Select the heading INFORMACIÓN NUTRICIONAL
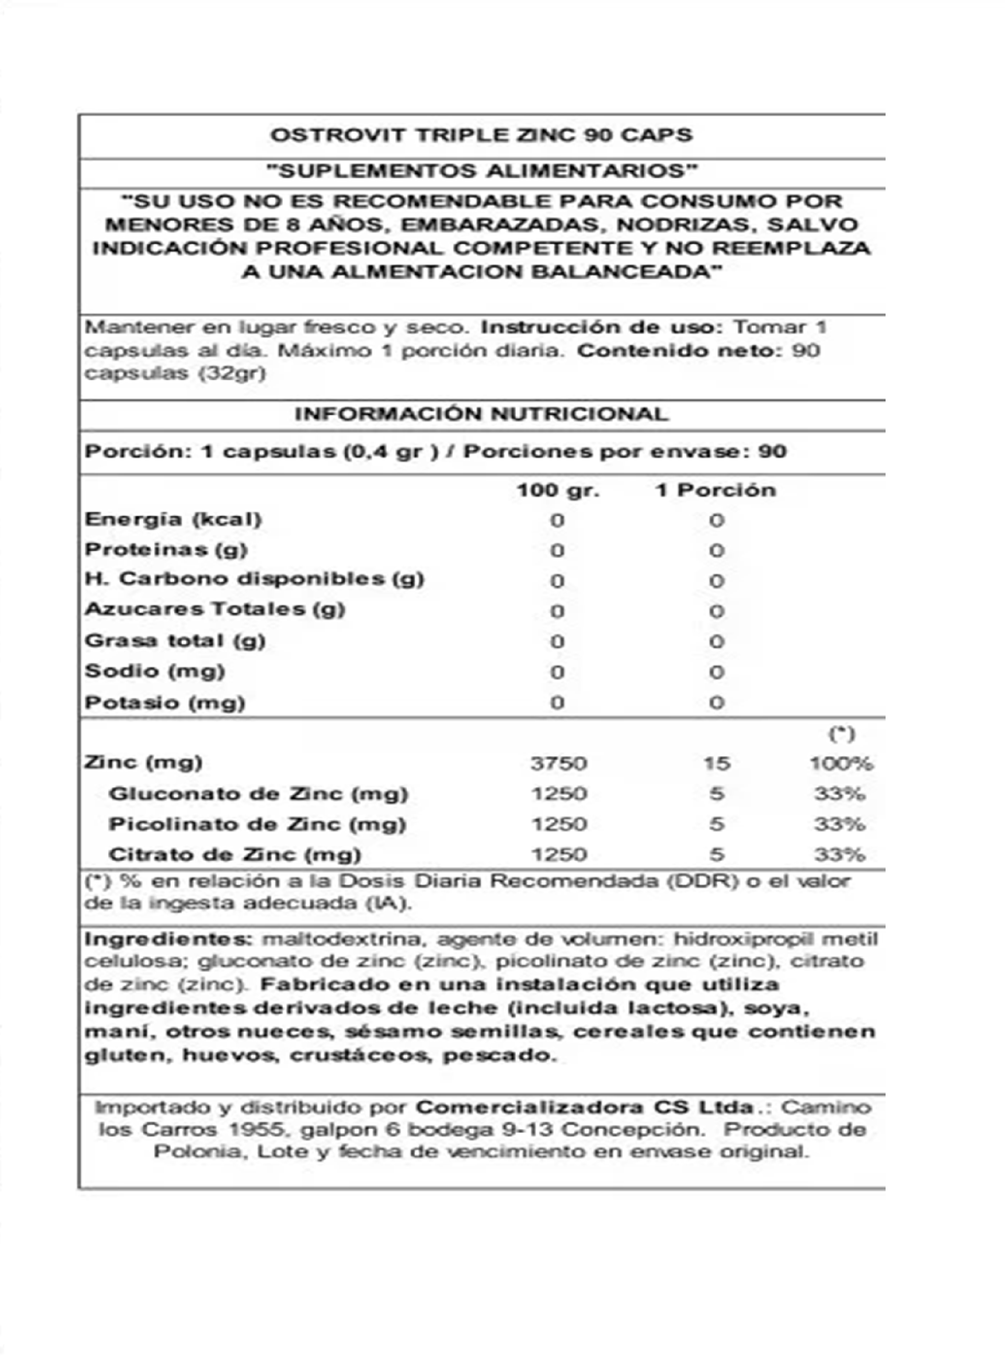click(481, 415)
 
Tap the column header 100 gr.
click(558, 491)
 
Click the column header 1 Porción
click(715, 491)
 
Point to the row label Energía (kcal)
click(174, 520)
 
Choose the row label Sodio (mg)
click(155, 672)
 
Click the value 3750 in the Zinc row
click(558, 763)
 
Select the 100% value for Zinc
click(841, 763)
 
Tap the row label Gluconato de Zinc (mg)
click(258, 794)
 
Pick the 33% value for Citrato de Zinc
click(839, 855)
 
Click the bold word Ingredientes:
click(168, 939)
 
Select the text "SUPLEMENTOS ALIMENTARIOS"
click(481, 171)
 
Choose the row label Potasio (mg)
click(165, 703)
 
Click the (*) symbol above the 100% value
click(842, 734)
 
